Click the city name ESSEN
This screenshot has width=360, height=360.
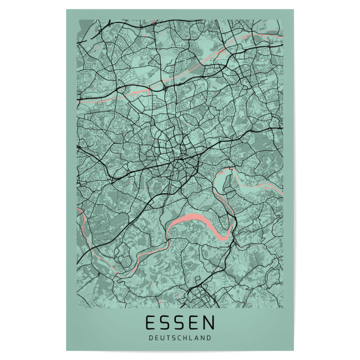tap(180, 323)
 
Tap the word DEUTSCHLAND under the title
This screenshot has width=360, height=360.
tap(180, 338)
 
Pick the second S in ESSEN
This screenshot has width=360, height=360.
tap(180, 323)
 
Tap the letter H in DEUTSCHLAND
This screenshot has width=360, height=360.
tap(185, 338)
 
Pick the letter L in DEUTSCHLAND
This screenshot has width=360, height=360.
tap(191, 338)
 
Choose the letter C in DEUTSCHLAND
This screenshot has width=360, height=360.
tap(179, 338)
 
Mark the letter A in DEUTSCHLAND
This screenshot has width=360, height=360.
tap(197, 338)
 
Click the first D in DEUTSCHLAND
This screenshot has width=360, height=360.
tap(151, 338)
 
